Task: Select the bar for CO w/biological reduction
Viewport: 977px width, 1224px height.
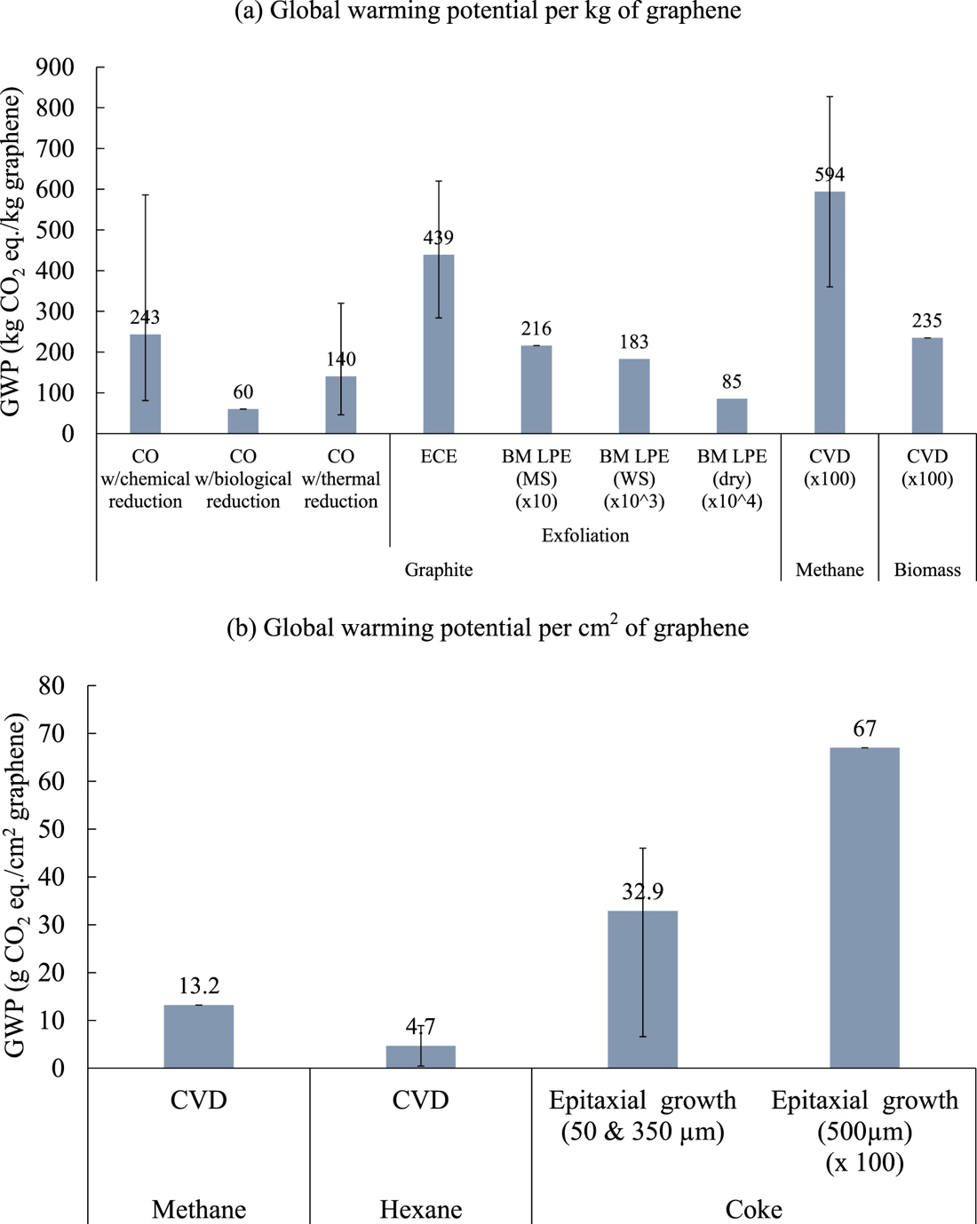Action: click(242, 422)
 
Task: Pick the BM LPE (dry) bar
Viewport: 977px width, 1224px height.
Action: click(731, 416)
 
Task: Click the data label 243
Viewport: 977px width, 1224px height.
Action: click(145, 317)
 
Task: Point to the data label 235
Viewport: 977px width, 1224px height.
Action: click(927, 320)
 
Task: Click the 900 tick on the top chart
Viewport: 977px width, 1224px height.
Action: click(55, 67)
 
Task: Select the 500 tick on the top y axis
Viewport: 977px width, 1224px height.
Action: click(55, 230)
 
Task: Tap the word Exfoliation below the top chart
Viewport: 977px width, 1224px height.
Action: click(584, 535)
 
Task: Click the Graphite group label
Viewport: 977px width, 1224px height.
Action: click(438, 570)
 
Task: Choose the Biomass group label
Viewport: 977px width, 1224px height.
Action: click(927, 570)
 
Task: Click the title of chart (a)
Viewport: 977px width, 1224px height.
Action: click(488, 12)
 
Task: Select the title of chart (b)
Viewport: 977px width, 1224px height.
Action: click(488, 628)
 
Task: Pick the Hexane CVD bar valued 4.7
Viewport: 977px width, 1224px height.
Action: click(420, 1057)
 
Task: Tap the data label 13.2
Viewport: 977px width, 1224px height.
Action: click(198, 986)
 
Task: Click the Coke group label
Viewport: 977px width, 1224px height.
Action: click(753, 1209)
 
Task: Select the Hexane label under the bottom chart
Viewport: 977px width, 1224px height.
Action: click(420, 1209)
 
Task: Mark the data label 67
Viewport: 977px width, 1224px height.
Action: click(864, 729)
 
